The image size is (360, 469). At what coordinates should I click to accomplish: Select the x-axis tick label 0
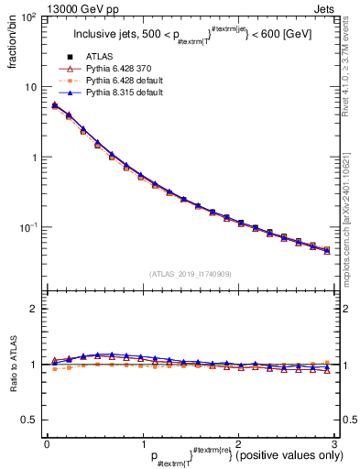(46, 444)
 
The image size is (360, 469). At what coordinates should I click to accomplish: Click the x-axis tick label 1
(142, 444)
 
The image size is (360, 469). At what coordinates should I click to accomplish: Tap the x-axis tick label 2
(237, 444)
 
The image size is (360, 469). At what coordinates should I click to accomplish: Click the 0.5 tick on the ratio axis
(32, 420)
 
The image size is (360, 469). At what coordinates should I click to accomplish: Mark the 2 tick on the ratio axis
(37, 309)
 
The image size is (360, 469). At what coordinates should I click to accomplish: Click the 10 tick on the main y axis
(33, 87)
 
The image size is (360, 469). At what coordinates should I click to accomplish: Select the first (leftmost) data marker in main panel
(55, 106)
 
